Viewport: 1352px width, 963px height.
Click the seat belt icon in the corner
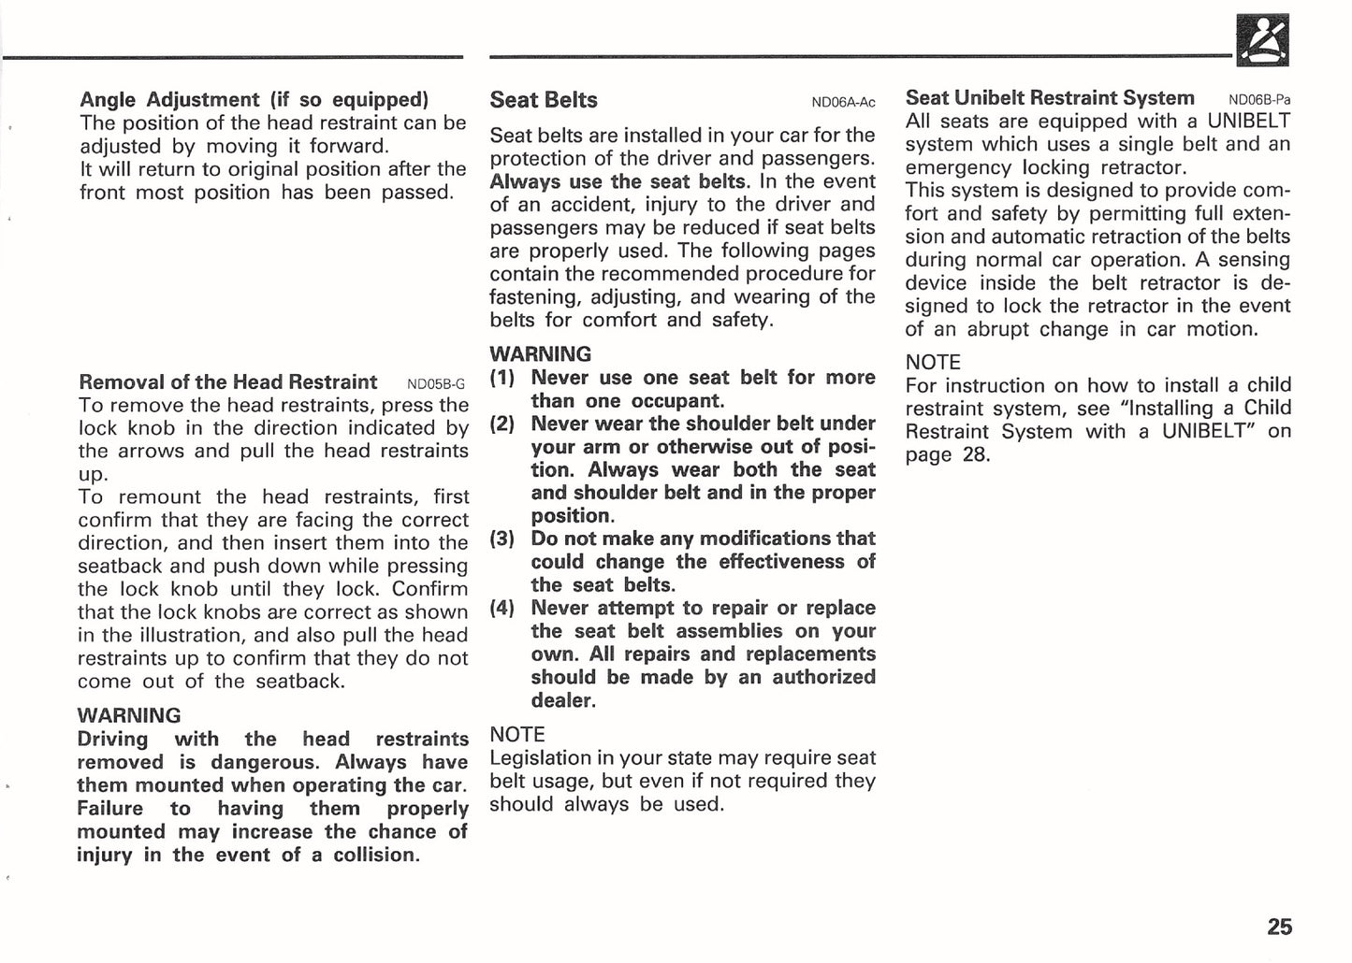coord(1262,41)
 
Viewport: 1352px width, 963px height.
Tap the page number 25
coord(1279,927)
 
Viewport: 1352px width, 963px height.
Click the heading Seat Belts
coord(544,100)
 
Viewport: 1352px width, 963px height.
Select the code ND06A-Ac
coord(843,103)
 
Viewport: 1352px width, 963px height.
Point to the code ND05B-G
coord(436,384)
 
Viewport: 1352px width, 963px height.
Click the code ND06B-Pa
coord(1259,100)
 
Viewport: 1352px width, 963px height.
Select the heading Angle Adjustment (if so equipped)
coord(254,99)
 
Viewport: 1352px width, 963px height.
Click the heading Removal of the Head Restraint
coord(228,381)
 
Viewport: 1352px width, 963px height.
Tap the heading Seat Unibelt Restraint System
coord(1050,98)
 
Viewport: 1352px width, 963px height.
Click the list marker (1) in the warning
coord(502,378)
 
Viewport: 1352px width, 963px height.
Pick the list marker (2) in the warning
coord(502,424)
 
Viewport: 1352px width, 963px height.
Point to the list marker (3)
coord(502,539)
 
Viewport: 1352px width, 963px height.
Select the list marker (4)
coord(502,608)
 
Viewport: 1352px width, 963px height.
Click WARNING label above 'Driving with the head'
coord(129,716)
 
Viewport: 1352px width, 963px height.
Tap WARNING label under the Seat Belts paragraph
coord(541,354)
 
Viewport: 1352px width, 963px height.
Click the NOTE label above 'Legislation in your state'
coord(517,735)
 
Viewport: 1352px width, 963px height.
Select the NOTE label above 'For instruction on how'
coord(933,363)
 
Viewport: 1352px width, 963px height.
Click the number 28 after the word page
coord(976,455)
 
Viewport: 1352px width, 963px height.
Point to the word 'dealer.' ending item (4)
coord(562,700)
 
